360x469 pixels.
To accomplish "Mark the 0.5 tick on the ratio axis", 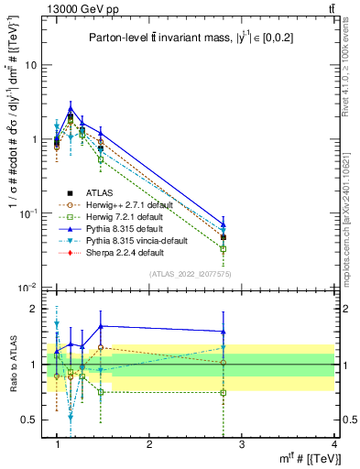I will coord(33,420).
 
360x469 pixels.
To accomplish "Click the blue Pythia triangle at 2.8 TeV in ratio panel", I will coord(224,332).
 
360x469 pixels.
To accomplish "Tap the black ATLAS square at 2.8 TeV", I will coord(224,237).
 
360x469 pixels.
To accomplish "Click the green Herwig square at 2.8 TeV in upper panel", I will coord(224,248).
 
